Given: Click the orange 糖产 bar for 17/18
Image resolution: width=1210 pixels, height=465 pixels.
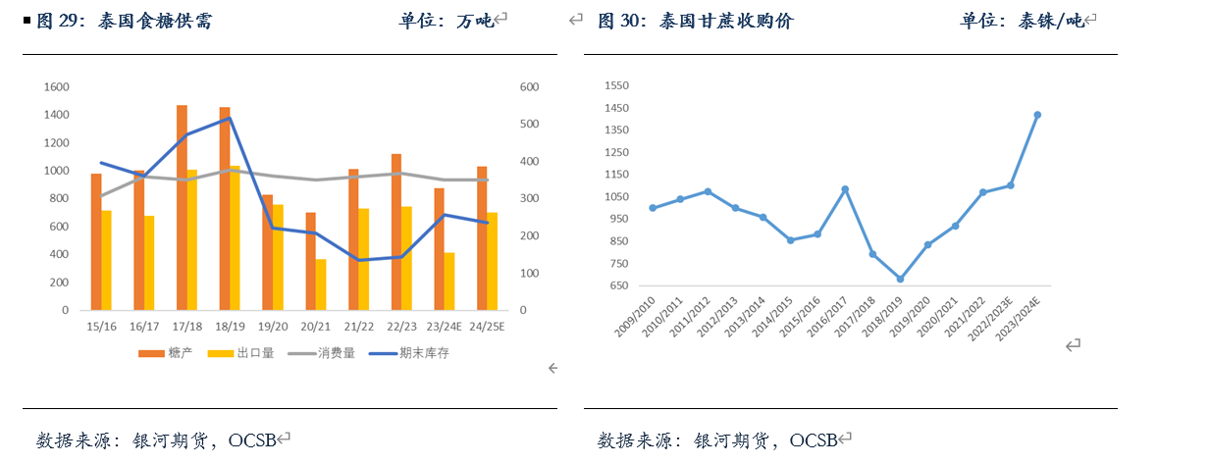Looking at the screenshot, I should (x=182, y=208).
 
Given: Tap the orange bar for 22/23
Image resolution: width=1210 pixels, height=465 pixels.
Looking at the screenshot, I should (x=396, y=232).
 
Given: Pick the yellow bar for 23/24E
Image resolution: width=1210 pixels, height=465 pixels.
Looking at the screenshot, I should (x=449, y=282).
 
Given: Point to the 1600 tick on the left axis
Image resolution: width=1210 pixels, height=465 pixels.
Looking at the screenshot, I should (x=56, y=87).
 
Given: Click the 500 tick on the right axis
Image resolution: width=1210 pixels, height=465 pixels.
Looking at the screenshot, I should (x=529, y=125).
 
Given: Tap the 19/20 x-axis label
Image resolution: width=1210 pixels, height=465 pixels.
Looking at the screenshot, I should (x=273, y=327).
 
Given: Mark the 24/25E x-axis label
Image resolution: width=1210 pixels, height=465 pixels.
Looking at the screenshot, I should (x=487, y=327).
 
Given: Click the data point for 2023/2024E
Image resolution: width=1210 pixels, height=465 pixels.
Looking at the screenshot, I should (x=1037, y=115).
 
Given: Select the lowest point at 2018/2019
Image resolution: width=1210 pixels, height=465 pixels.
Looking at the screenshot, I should (x=900, y=279).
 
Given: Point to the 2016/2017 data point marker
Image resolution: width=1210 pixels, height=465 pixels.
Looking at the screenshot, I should (x=845, y=189).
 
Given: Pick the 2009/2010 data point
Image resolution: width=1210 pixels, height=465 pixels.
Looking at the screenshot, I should (x=653, y=208).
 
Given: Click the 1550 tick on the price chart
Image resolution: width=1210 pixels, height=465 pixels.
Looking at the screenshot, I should (x=616, y=85).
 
